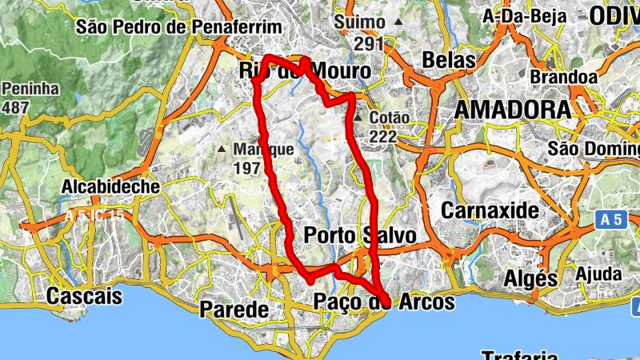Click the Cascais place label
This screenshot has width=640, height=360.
(x=85, y=296)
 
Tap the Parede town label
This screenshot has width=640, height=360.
(x=234, y=308)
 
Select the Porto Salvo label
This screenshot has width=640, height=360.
(x=360, y=235)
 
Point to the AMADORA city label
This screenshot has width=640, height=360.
(x=512, y=110)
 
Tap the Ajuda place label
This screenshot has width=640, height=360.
(x=598, y=274)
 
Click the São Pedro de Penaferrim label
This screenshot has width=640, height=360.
(x=178, y=27)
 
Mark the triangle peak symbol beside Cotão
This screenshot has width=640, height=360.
(x=359, y=118)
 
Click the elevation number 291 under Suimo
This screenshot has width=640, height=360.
(x=369, y=45)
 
